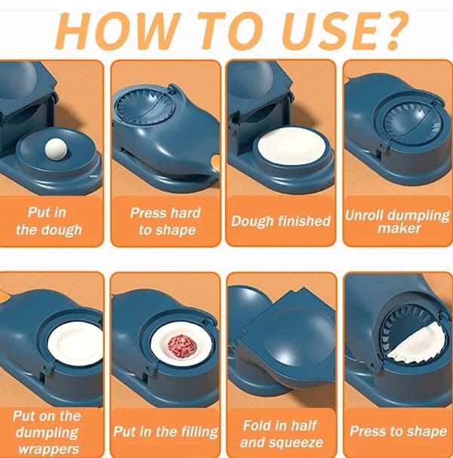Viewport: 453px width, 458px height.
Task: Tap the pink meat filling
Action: click(182, 347)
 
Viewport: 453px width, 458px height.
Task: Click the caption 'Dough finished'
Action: click(281, 221)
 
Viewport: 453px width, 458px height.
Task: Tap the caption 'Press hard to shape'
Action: click(166, 221)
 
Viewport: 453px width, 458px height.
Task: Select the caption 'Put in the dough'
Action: click(48, 221)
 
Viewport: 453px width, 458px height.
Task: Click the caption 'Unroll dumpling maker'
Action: click(398, 221)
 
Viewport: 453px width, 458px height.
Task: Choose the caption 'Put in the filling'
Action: click(165, 432)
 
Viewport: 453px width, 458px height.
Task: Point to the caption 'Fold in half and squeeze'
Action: click(281, 434)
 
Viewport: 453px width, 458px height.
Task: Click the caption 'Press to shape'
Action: click(398, 431)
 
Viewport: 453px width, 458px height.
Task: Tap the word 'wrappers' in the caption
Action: click(49, 449)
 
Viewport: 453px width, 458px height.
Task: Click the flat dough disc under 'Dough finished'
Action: click(292, 145)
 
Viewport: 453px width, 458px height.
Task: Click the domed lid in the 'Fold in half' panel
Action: click(294, 336)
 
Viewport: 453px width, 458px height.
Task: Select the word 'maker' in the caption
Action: click(399, 228)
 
